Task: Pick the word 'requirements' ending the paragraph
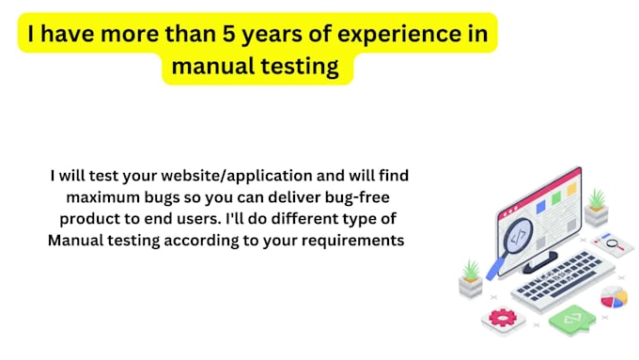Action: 350,240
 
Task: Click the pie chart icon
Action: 614,297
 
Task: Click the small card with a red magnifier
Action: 616,244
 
